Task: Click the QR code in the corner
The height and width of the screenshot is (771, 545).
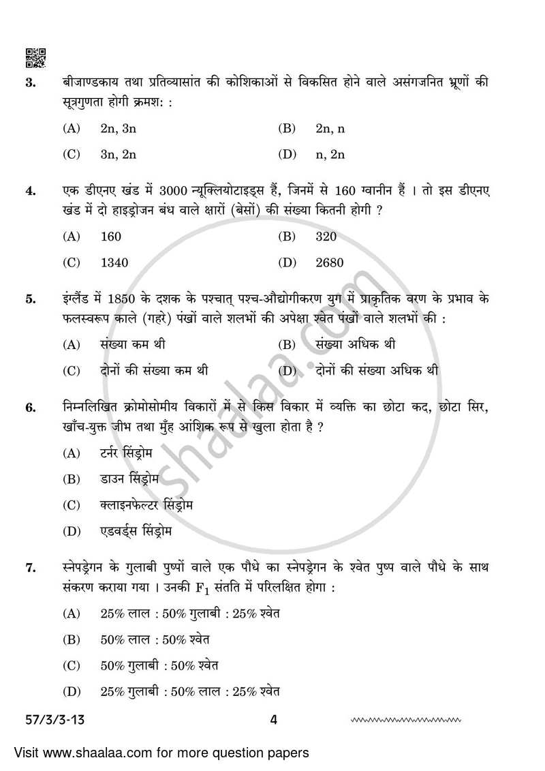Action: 35,59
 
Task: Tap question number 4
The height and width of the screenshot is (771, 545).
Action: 30,192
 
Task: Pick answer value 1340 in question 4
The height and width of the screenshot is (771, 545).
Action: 114,262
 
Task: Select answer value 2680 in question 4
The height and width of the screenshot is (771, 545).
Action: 330,262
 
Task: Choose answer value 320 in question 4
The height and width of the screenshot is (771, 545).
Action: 326,237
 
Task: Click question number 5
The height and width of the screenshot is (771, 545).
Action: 30,299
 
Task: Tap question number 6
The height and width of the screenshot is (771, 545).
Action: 30,408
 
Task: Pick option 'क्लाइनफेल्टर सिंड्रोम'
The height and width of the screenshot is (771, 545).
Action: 146,504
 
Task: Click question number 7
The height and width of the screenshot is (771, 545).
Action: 30,568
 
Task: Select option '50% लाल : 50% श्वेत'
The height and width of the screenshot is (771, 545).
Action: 155,639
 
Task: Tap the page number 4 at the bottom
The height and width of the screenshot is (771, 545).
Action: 272,719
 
